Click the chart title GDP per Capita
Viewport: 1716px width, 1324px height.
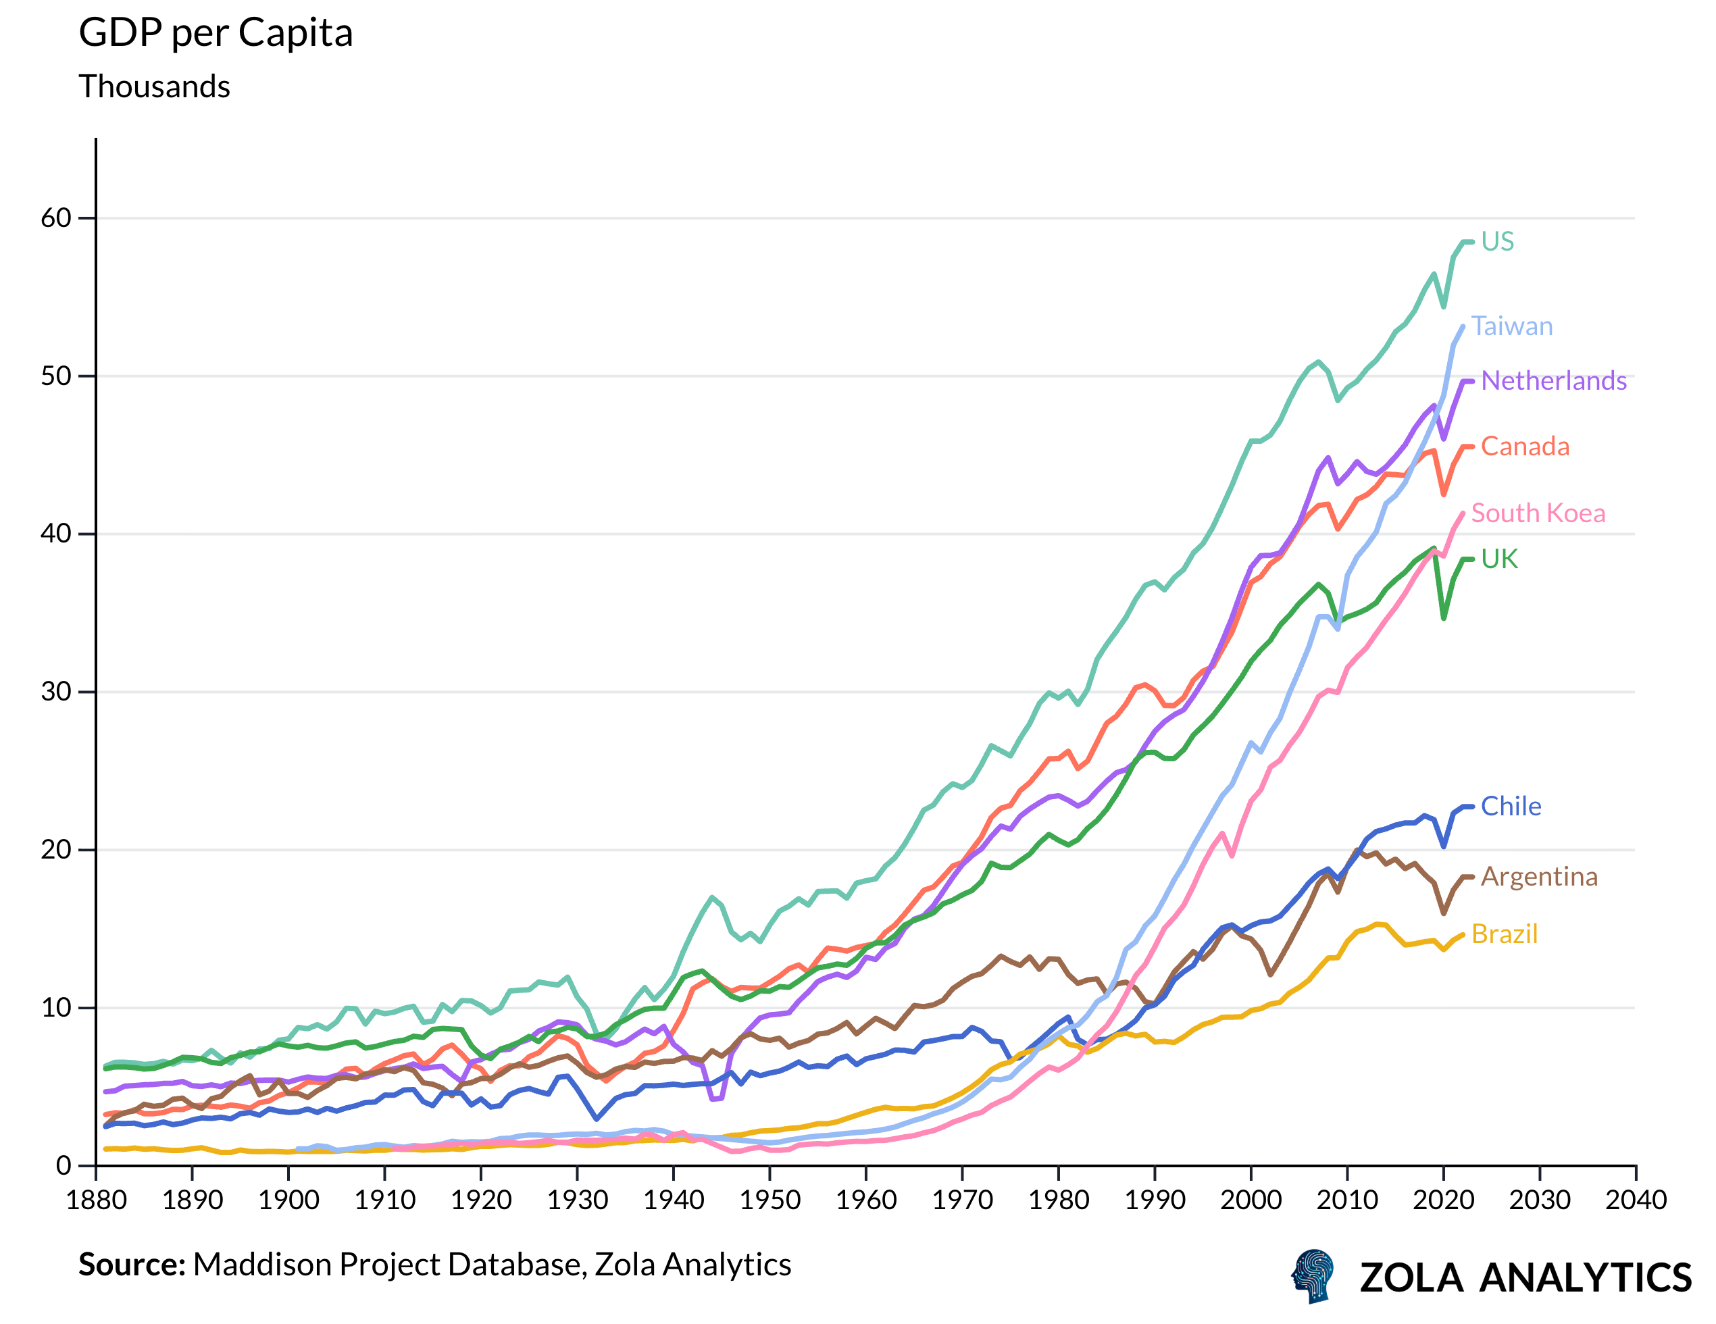tap(216, 34)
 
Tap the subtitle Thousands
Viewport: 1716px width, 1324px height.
tap(154, 86)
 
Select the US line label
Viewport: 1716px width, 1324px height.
tap(1497, 241)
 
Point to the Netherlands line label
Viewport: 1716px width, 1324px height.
tap(1553, 380)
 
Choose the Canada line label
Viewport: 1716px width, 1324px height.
tap(1524, 447)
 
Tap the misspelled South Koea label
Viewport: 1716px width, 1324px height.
tap(1537, 513)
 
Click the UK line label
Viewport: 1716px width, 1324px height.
tap(1498, 559)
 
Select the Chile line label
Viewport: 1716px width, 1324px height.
tap(1510, 806)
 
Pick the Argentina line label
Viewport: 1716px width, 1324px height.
tap(1538, 876)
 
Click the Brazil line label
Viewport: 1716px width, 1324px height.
tap(1503, 934)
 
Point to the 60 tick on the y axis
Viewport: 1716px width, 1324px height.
tap(56, 218)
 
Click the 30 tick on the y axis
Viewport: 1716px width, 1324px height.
tap(56, 692)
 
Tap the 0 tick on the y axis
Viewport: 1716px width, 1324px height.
tap(64, 1165)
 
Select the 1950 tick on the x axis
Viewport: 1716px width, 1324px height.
tap(769, 1200)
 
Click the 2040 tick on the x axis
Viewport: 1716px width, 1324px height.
tap(1635, 1200)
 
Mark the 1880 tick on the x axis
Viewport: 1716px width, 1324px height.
tap(96, 1200)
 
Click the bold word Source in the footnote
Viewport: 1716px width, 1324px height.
tap(130, 1265)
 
